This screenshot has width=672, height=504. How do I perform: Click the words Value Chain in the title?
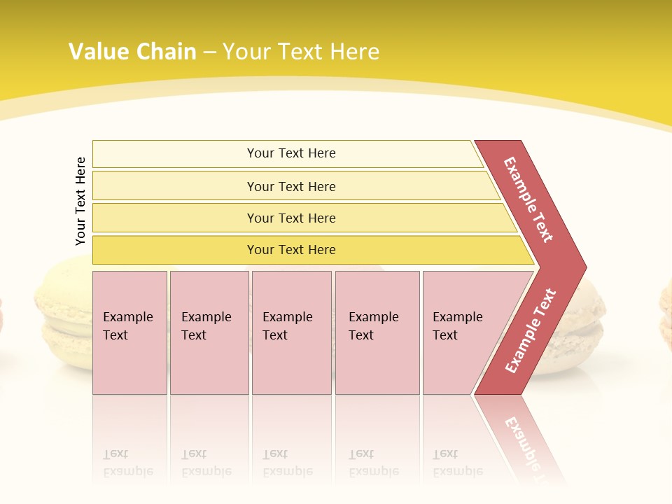(132, 52)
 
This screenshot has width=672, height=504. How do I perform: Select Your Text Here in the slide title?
(301, 52)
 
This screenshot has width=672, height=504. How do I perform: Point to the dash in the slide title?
(209, 52)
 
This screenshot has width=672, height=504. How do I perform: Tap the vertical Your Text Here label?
(80, 201)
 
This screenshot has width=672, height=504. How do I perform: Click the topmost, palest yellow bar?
(290, 153)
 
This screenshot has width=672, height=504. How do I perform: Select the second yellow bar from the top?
(290, 186)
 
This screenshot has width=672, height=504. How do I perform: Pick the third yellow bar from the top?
(290, 218)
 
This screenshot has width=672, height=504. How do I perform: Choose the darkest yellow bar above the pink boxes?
(290, 250)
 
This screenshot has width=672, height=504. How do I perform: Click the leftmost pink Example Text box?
(129, 332)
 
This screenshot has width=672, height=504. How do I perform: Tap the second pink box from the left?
(209, 332)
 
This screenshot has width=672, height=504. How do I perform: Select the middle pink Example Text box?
(291, 332)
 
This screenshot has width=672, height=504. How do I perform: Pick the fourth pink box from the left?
(377, 332)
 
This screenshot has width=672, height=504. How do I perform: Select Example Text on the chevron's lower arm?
(531, 330)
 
